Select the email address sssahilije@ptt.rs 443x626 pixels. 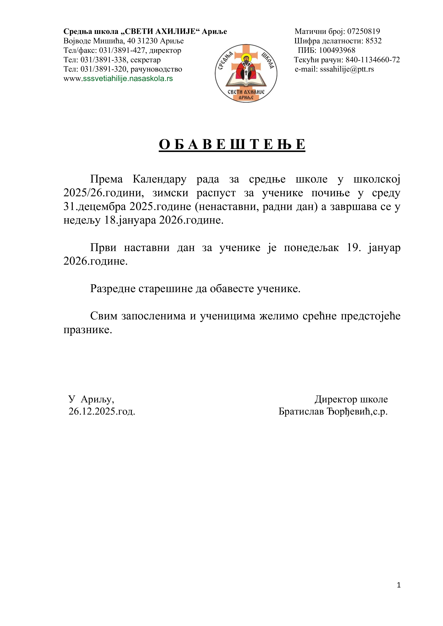coord(347,69)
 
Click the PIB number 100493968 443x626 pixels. coord(337,51)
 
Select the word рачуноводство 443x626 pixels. coord(156,69)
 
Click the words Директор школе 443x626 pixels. coord(351,399)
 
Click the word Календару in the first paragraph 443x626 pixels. coord(160,179)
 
